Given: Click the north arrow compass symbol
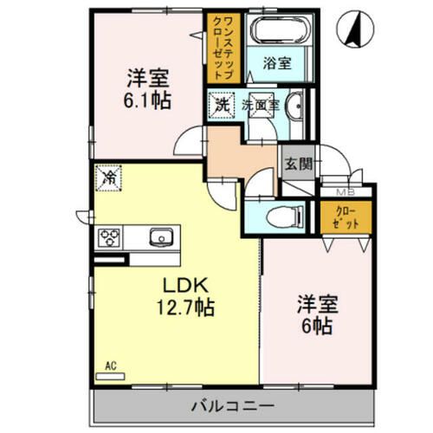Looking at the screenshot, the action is (355, 29).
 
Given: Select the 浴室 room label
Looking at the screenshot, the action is (277, 63).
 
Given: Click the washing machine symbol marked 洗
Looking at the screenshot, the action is (222, 106).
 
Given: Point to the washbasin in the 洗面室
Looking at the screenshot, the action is (294, 106).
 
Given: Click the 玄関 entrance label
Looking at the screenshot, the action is (299, 165).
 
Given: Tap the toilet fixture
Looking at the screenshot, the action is (285, 216).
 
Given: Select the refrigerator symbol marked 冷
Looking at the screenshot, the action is (109, 178).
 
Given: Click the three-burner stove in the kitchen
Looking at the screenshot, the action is (109, 237).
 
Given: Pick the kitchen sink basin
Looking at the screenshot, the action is (161, 237).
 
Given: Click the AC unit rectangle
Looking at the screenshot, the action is (110, 377).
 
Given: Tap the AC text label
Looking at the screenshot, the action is (111, 366).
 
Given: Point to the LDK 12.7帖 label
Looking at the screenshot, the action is (185, 296).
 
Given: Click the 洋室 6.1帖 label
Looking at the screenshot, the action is (147, 89).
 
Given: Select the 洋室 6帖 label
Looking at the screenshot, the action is (317, 314).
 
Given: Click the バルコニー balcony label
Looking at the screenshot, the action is (233, 406).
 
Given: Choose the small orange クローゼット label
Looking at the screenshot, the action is (346, 217).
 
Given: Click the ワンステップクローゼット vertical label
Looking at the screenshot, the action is (223, 48).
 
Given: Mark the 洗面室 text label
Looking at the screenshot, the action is (261, 106).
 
